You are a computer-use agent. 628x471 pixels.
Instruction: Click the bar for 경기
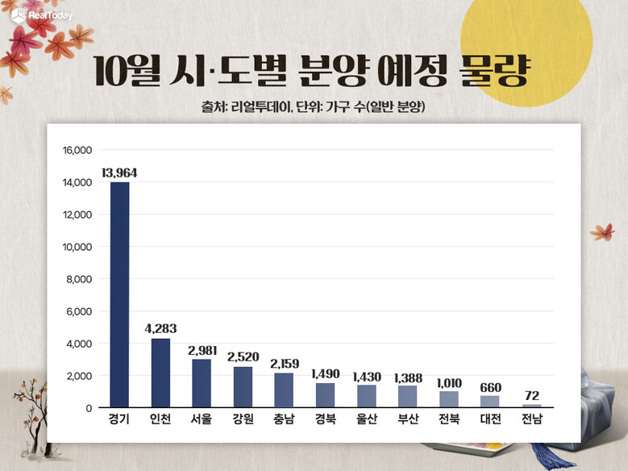click(x=119, y=294)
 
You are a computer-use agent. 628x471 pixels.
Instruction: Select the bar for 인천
click(x=160, y=373)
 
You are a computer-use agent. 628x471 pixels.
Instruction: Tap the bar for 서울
click(x=202, y=383)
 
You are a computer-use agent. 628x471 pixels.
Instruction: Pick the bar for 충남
click(x=284, y=390)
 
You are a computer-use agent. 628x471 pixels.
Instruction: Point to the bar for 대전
click(x=489, y=402)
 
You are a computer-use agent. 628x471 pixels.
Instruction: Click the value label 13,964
click(x=119, y=172)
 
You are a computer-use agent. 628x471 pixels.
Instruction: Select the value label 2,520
click(x=243, y=356)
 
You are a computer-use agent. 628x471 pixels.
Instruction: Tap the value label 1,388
click(x=407, y=377)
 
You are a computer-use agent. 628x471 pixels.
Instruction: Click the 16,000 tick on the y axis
click(x=77, y=150)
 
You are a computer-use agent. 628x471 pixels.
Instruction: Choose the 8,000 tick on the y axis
click(x=81, y=279)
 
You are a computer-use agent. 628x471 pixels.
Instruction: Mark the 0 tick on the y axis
click(x=89, y=408)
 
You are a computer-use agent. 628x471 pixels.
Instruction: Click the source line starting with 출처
click(x=314, y=107)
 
